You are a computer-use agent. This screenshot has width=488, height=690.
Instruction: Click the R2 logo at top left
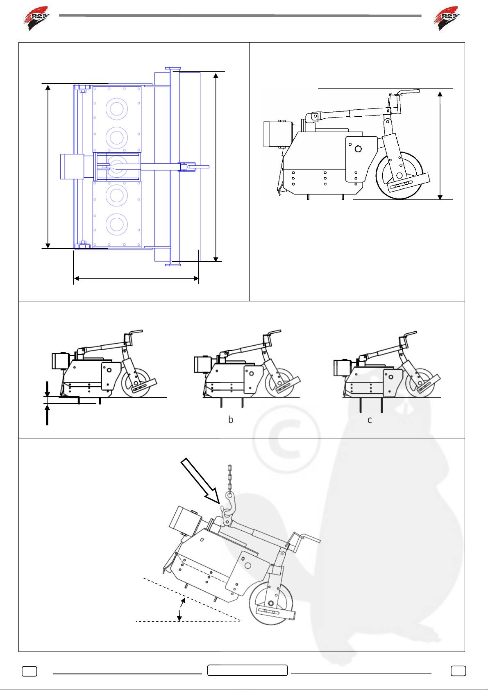tap(36, 18)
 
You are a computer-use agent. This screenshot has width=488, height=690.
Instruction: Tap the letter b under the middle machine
tap(231, 420)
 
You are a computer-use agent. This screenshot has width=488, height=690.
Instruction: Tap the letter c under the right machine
tap(370, 420)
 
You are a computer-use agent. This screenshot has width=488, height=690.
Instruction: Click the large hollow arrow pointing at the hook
tap(200, 480)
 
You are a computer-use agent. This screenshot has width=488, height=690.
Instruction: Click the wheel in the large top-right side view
tap(399, 176)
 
